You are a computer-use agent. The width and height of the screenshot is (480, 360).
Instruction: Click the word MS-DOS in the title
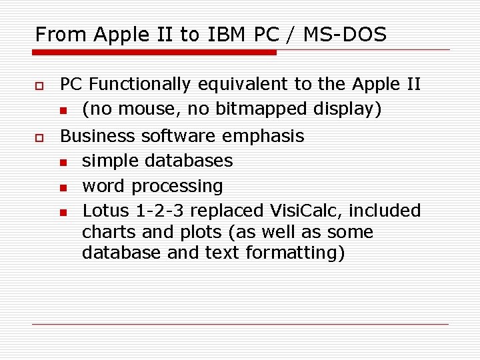(345, 34)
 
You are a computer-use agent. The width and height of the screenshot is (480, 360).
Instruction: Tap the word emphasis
(263, 137)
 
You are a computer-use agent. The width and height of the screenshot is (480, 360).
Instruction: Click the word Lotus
(107, 211)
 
